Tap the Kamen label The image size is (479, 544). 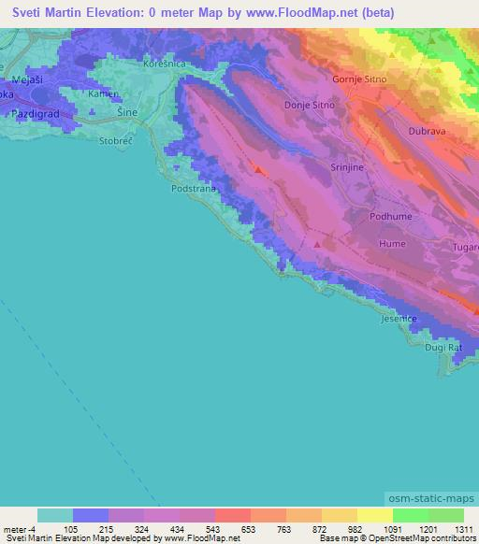(101, 94)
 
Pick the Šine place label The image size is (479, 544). (128, 112)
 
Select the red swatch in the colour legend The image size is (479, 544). (232, 515)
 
